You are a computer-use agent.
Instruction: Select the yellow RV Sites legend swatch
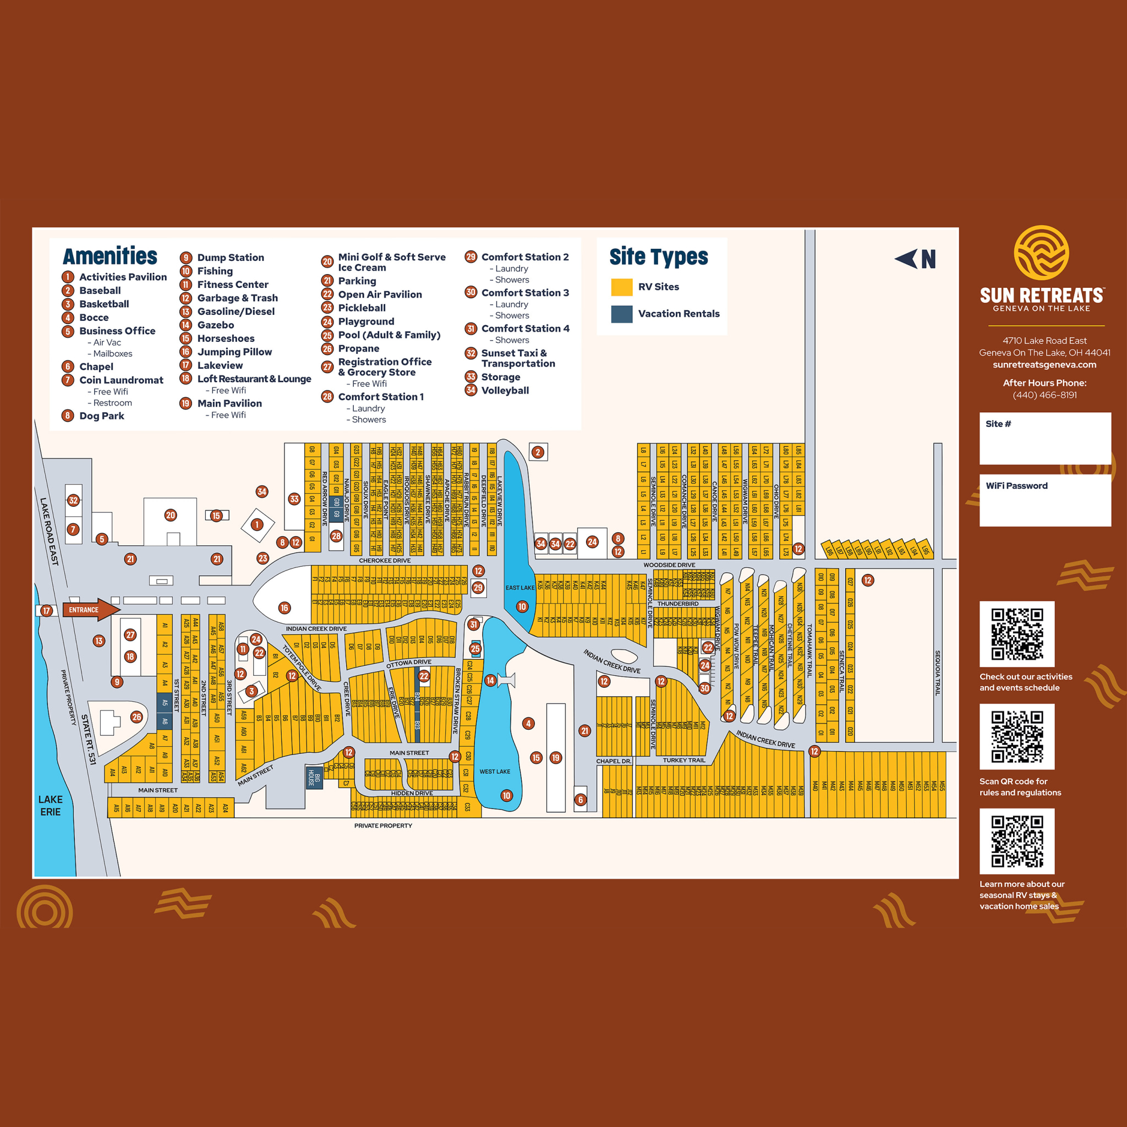[x=621, y=287]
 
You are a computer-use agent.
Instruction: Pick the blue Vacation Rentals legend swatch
[x=621, y=314]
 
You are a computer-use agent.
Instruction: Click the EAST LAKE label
[x=519, y=587]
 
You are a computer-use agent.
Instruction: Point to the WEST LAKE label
[x=495, y=771]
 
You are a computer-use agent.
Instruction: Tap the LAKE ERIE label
[x=50, y=805]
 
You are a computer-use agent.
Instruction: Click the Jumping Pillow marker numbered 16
[x=284, y=608]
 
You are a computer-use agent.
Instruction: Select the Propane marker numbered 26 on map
[x=136, y=717]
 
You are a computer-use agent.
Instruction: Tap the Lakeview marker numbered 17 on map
[x=46, y=611]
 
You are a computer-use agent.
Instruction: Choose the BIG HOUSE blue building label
[x=314, y=777]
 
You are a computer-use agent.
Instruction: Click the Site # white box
[x=1045, y=438]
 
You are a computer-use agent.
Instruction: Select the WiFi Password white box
[x=1045, y=500]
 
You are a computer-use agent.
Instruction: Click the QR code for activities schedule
[x=1017, y=633]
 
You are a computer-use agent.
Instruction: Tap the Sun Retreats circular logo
[x=1041, y=253]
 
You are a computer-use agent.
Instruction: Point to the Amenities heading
[x=110, y=256]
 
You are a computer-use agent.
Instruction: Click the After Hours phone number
[x=1044, y=395]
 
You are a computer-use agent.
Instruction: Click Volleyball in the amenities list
[x=505, y=390]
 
